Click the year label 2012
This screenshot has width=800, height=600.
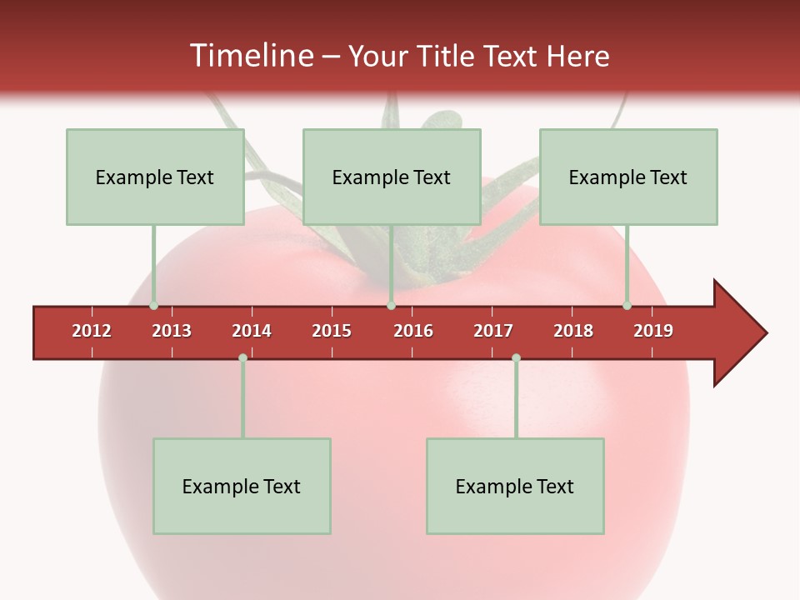pos(92,331)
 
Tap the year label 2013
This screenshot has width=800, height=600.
pos(172,331)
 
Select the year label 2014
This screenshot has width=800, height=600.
pos(252,331)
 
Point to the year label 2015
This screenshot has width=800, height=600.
pos(332,331)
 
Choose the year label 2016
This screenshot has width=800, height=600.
pos(413,331)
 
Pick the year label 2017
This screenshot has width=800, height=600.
pos(493,331)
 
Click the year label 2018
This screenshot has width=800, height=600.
pos(573,331)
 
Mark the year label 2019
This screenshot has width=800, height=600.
pos(653,331)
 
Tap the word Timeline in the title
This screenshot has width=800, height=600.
pos(251,56)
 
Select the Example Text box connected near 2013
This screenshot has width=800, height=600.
pos(155,177)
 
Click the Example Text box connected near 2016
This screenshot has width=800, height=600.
pos(392,177)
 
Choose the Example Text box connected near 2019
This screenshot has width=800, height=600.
pos(628,177)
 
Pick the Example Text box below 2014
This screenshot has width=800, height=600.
pos(242,486)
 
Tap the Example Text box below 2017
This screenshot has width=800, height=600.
pos(515,486)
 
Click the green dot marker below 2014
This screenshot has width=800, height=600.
pos(242,357)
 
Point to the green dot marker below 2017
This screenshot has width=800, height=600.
pos(516,357)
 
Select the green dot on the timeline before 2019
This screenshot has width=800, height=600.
pos(627,306)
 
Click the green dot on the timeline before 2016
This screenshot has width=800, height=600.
pos(391,306)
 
